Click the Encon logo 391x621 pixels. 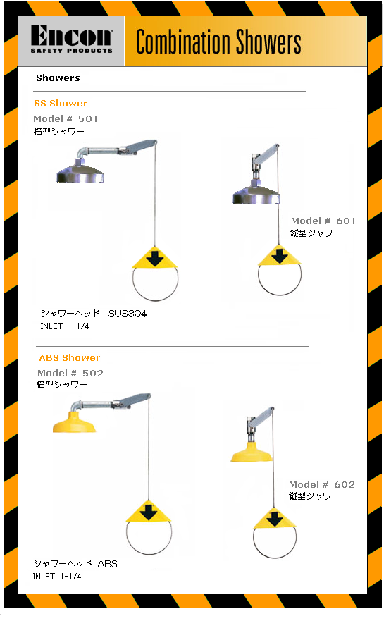coord(72,39)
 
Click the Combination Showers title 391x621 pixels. coord(218,42)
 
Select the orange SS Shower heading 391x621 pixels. coord(61,104)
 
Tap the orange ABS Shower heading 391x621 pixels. coord(70,357)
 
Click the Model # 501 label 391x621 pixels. coord(66,119)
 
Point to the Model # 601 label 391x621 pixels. coord(322,221)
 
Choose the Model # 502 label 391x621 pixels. coord(70,373)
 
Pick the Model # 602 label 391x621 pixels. coord(322,484)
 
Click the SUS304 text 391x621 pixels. coord(128,314)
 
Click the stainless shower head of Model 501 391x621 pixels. coord(80,171)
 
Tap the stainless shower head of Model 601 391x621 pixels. coord(256,193)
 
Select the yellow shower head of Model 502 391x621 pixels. coord(75,423)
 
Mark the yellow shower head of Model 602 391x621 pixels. coord(252,453)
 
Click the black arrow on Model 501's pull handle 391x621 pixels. coord(155,259)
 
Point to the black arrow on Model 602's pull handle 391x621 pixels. coord(275,519)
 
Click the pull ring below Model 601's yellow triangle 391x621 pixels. coord(280,295)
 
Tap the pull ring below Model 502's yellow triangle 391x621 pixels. coord(149,554)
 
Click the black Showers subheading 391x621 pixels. coord(58,78)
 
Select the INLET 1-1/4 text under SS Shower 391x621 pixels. coord(65,326)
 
